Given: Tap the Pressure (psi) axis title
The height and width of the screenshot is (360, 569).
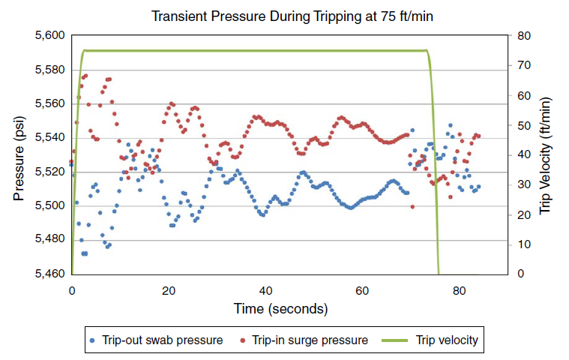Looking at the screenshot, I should [17, 154].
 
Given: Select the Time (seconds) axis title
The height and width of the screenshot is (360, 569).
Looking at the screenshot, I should [279, 308].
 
